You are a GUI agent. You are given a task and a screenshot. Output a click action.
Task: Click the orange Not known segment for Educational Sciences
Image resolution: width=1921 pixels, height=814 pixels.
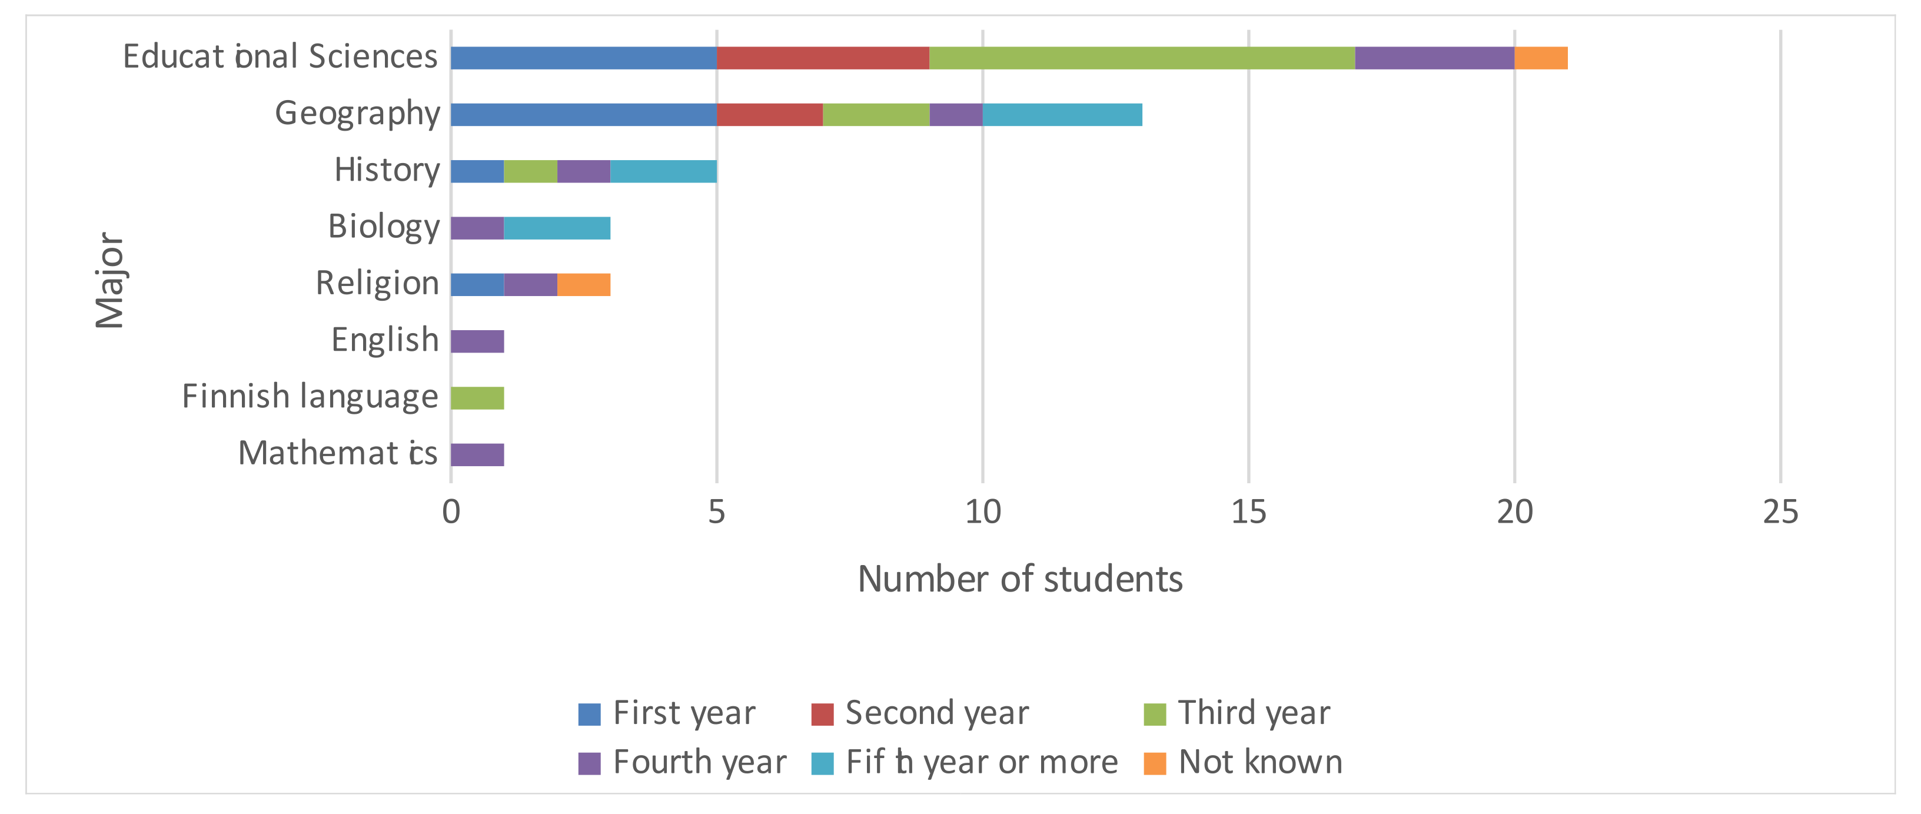pos(1541,58)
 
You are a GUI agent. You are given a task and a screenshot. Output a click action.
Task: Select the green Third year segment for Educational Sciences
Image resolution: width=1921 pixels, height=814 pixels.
pos(1142,58)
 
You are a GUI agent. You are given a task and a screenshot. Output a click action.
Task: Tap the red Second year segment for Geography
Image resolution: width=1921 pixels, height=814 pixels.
pos(770,115)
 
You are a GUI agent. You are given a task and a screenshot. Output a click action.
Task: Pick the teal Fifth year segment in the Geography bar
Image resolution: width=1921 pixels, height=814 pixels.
pos(1062,115)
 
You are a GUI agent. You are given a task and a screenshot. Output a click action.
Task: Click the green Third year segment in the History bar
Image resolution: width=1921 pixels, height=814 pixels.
pos(530,172)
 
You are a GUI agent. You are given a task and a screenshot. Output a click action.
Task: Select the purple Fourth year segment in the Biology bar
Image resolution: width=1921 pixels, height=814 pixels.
pos(477,228)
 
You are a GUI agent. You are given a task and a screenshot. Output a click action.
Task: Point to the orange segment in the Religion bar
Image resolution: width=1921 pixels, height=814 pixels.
pos(584,285)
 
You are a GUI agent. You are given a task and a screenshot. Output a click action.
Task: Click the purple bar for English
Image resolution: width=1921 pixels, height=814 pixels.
pos(477,342)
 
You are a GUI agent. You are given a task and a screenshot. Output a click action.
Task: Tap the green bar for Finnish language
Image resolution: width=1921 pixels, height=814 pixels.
pos(477,398)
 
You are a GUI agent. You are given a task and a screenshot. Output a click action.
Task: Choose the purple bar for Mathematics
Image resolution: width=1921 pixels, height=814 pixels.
pos(477,455)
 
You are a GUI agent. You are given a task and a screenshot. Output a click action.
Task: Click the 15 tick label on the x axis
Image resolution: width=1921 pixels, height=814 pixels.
pos(1248,513)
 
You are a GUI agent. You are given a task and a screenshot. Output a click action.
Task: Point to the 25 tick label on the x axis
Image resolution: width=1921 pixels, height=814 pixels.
pos(1780,513)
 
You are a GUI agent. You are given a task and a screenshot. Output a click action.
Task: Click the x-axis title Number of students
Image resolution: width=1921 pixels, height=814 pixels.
pos(1019,580)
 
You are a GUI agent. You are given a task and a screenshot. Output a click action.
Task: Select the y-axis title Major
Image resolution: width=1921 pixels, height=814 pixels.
pos(111,281)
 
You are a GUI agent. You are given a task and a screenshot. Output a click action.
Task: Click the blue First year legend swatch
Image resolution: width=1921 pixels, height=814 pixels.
pos(589,714)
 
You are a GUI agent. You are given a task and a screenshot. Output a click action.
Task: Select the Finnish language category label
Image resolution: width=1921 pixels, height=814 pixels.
pos(310,397)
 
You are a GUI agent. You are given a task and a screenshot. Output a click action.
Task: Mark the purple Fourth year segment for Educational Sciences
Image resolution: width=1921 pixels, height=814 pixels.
pos(1434,58)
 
